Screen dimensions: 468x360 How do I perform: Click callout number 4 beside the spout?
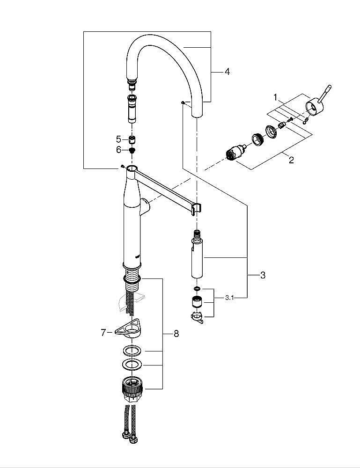point(227,72)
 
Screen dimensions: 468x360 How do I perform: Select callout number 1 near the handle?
point(276,97)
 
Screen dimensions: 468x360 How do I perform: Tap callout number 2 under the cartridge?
point(291,160)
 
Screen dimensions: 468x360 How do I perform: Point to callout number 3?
point(263,275)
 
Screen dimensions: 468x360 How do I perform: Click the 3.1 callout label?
point(229,298)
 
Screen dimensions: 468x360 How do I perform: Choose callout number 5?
point(118,139)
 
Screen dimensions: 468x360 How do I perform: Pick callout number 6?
point(118,150)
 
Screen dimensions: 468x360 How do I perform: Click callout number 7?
point(104,332)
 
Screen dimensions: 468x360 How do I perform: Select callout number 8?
point(176,333)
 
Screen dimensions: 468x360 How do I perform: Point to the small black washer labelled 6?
point(132,150)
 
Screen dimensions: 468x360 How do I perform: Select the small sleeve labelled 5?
point(132,139)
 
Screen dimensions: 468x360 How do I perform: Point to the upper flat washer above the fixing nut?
point(132,351)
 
